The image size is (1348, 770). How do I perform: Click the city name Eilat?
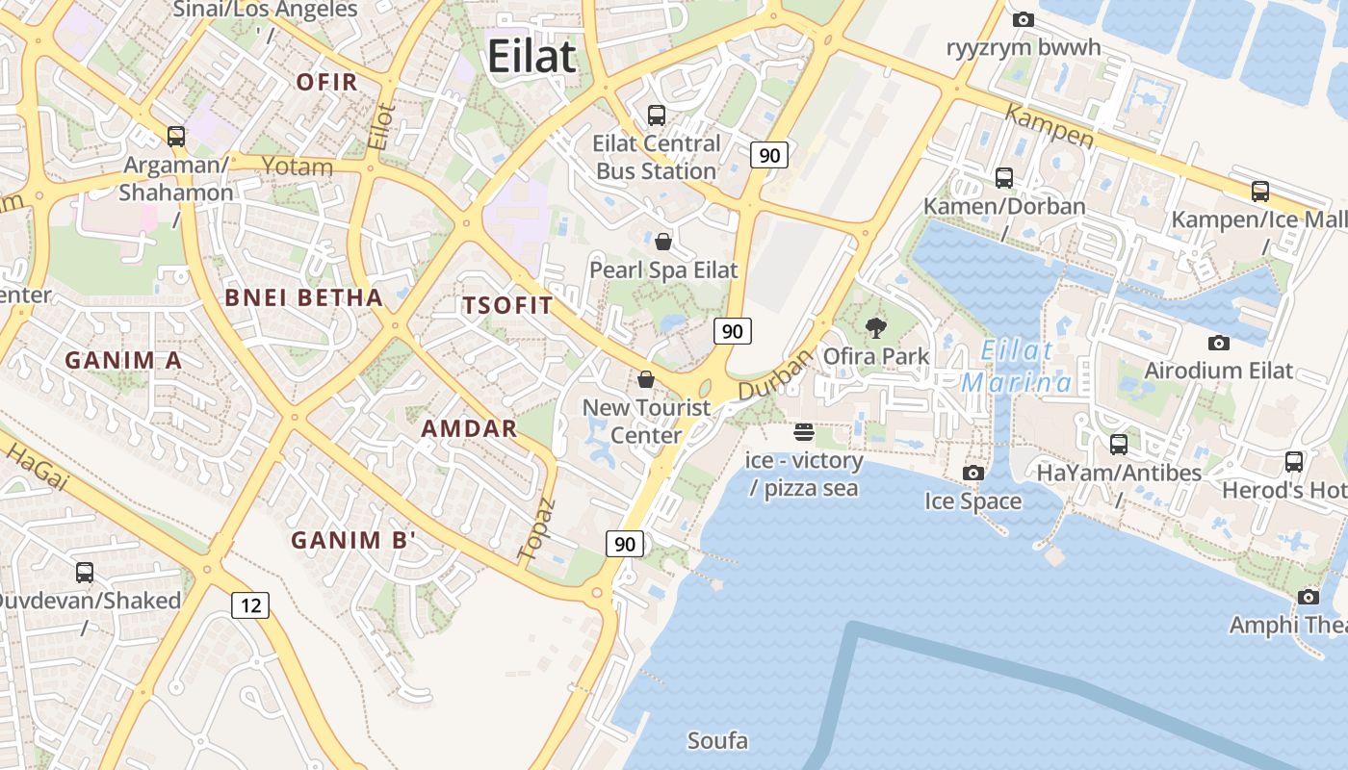[531, 56]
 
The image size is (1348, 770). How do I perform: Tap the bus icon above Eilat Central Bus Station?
[657, 115]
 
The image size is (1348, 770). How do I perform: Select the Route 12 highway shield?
[250, 605]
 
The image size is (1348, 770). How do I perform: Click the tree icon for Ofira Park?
[875, 328]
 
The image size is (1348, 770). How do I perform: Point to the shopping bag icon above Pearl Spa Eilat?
[663, 241]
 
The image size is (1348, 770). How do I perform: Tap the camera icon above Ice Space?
[973, 473]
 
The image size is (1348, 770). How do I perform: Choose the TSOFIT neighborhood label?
[507, 306]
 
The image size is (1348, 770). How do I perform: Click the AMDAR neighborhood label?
[470, 428]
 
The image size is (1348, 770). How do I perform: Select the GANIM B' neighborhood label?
[353, 540]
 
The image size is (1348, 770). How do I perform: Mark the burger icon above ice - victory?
[804, 432]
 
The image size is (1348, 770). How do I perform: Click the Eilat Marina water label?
[1017, 366]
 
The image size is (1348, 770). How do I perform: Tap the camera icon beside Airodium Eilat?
[1218, 343]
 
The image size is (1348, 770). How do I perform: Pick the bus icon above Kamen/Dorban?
[1004, 178]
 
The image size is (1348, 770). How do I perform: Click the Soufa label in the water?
[717, 741]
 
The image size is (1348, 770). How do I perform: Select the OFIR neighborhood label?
[327, 82]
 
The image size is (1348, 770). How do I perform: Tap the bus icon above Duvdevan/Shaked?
[85, 573]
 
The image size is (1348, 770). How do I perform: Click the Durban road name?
[776, 375]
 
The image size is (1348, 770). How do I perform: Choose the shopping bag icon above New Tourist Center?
[646, 379]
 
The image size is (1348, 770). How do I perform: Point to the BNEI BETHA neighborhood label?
[304, 297]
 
